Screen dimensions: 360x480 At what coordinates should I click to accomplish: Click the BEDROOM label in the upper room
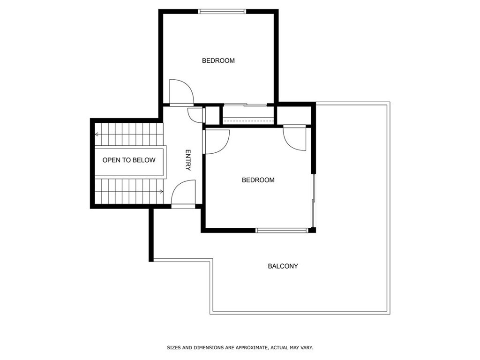[218, 60]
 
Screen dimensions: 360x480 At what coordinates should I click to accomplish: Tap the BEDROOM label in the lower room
[258, 180]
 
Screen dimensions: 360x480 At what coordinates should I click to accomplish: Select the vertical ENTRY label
[188, 160]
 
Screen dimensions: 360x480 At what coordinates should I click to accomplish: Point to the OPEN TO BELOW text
[129, 160]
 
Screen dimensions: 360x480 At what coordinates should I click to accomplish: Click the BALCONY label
[283, 266]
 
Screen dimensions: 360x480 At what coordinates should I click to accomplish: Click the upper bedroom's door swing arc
[182, 92]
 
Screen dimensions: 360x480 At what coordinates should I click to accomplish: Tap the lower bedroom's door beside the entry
[217, 142]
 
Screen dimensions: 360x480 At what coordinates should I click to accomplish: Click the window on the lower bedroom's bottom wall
[282, 230]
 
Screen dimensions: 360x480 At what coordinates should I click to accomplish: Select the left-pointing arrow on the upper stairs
[97, 135]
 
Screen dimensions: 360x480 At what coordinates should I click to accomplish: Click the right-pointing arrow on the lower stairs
[161, 191]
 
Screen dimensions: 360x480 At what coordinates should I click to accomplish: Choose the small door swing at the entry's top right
[195, 115]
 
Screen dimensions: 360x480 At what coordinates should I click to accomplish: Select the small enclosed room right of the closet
[294, 115]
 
